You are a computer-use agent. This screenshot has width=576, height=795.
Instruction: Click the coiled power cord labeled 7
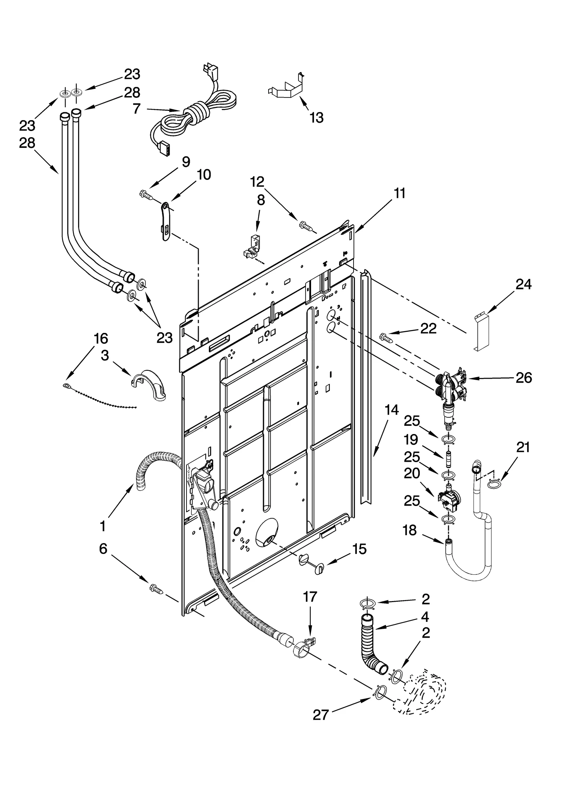(x=194, y=115)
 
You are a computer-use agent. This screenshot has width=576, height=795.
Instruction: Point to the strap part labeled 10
(x=165, y=221)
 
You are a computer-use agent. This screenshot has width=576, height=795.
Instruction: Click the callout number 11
(x=399, y=193)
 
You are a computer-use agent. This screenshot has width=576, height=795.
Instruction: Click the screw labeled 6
(x=156, y=589)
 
